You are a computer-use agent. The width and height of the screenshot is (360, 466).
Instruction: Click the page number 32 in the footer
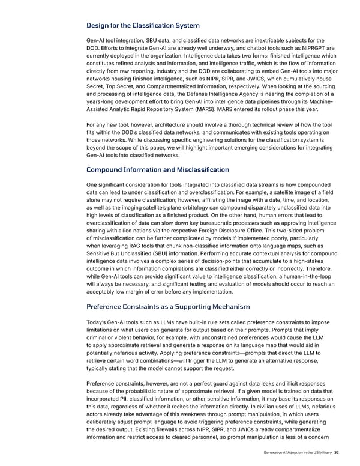coord(337,453)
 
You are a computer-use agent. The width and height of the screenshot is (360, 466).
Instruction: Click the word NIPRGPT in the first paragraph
coord(301,49)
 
